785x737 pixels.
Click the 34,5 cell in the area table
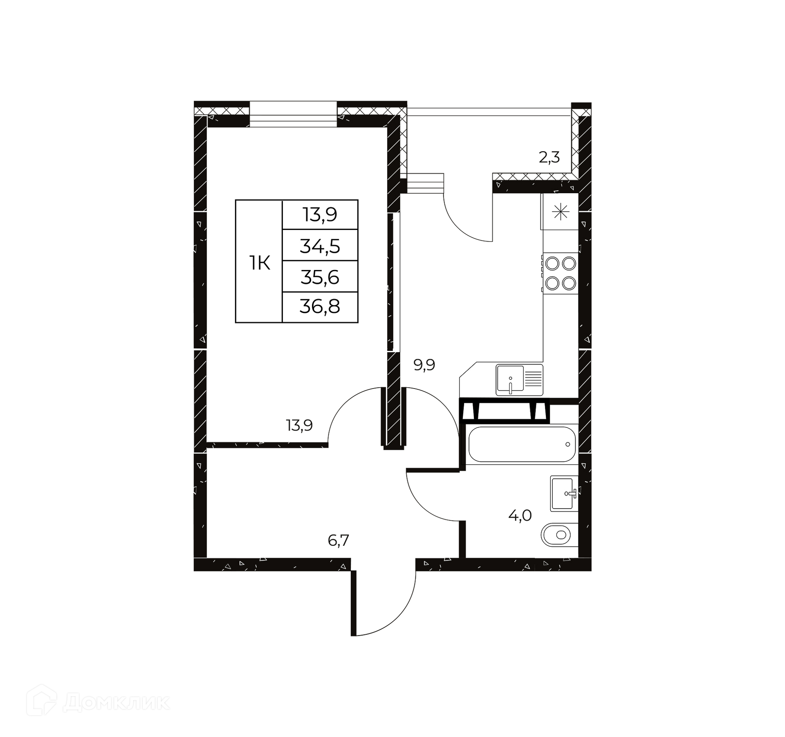pyautogui.click(x=320, y=246)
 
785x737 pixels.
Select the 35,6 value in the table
pyautogui.click(x=320, y=277)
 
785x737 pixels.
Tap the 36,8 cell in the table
pyautogui.click(x=320, y=306)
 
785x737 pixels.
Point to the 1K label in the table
pyautogui.click(x=260, y=263)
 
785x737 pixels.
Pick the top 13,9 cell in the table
pyautogui.click(x=320, y=214)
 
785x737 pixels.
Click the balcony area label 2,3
pyautogui.click(x=549, y=157)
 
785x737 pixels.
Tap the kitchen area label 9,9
pyautogui.click(x=424, y=365)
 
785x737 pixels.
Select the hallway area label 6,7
pyautogui.click(x=339, y=540)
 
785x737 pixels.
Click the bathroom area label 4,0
pyautogui.click(x=520, y=516)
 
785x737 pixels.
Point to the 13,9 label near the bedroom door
pyautogui.click(x=299, y=426)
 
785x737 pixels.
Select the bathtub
pyautogui.click(x=522, y=444)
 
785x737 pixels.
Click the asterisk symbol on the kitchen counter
pyautogui.click(x=561, y=212)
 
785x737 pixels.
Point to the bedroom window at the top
pyautogui.click(x=293, y=114)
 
